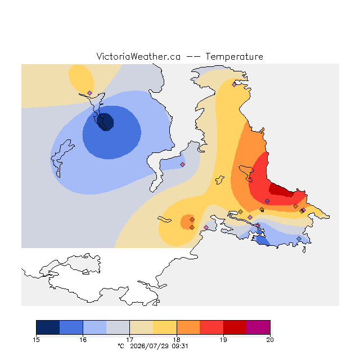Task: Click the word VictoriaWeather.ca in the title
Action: coord(138,56)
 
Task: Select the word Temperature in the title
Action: coord(234,56)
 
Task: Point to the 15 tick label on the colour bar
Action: coord(36,340)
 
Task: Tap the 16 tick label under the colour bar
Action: coord(83,340)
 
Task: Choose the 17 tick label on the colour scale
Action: coord(130,340)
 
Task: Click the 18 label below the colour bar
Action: coord(177,340)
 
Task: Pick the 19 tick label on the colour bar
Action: coord(223,340)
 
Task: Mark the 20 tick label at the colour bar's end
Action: coord(270,340)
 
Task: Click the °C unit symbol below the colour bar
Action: coord(121,346)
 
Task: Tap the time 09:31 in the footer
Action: coord(181,346)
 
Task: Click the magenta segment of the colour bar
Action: coord(258,327)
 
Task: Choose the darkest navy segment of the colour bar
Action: coord(48,327)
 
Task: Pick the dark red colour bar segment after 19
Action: coord(235,327)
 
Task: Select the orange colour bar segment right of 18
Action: coord(188,327)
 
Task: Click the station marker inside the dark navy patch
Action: coord(102,116)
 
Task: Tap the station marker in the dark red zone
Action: coord(291,195)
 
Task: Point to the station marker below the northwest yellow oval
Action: coord(90,93)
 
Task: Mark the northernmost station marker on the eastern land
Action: coord(234,85)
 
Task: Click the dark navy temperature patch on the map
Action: coord(105,122)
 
